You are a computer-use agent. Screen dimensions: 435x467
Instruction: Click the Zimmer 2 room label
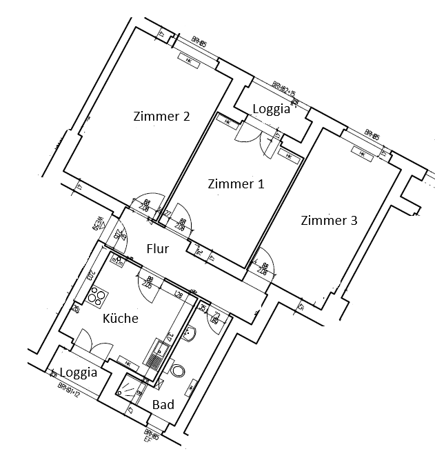161,117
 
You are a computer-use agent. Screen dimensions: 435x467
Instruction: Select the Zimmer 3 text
329,221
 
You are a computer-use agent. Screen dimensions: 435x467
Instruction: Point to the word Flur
157,249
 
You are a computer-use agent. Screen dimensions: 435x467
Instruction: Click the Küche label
121,318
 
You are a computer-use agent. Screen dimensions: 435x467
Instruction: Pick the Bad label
163,404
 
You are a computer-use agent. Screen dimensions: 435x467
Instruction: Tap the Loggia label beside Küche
78,372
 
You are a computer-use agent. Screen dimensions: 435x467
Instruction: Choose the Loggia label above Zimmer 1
271,108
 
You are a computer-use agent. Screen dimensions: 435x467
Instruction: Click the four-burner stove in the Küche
97,295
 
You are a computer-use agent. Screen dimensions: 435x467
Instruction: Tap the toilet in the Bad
178,372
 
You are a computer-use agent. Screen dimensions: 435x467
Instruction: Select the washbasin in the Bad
191,334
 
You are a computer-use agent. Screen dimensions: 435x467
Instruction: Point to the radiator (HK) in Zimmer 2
189,60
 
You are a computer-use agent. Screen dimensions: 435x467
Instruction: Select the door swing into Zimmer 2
147,204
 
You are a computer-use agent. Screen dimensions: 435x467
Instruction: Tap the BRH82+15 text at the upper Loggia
283,90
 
